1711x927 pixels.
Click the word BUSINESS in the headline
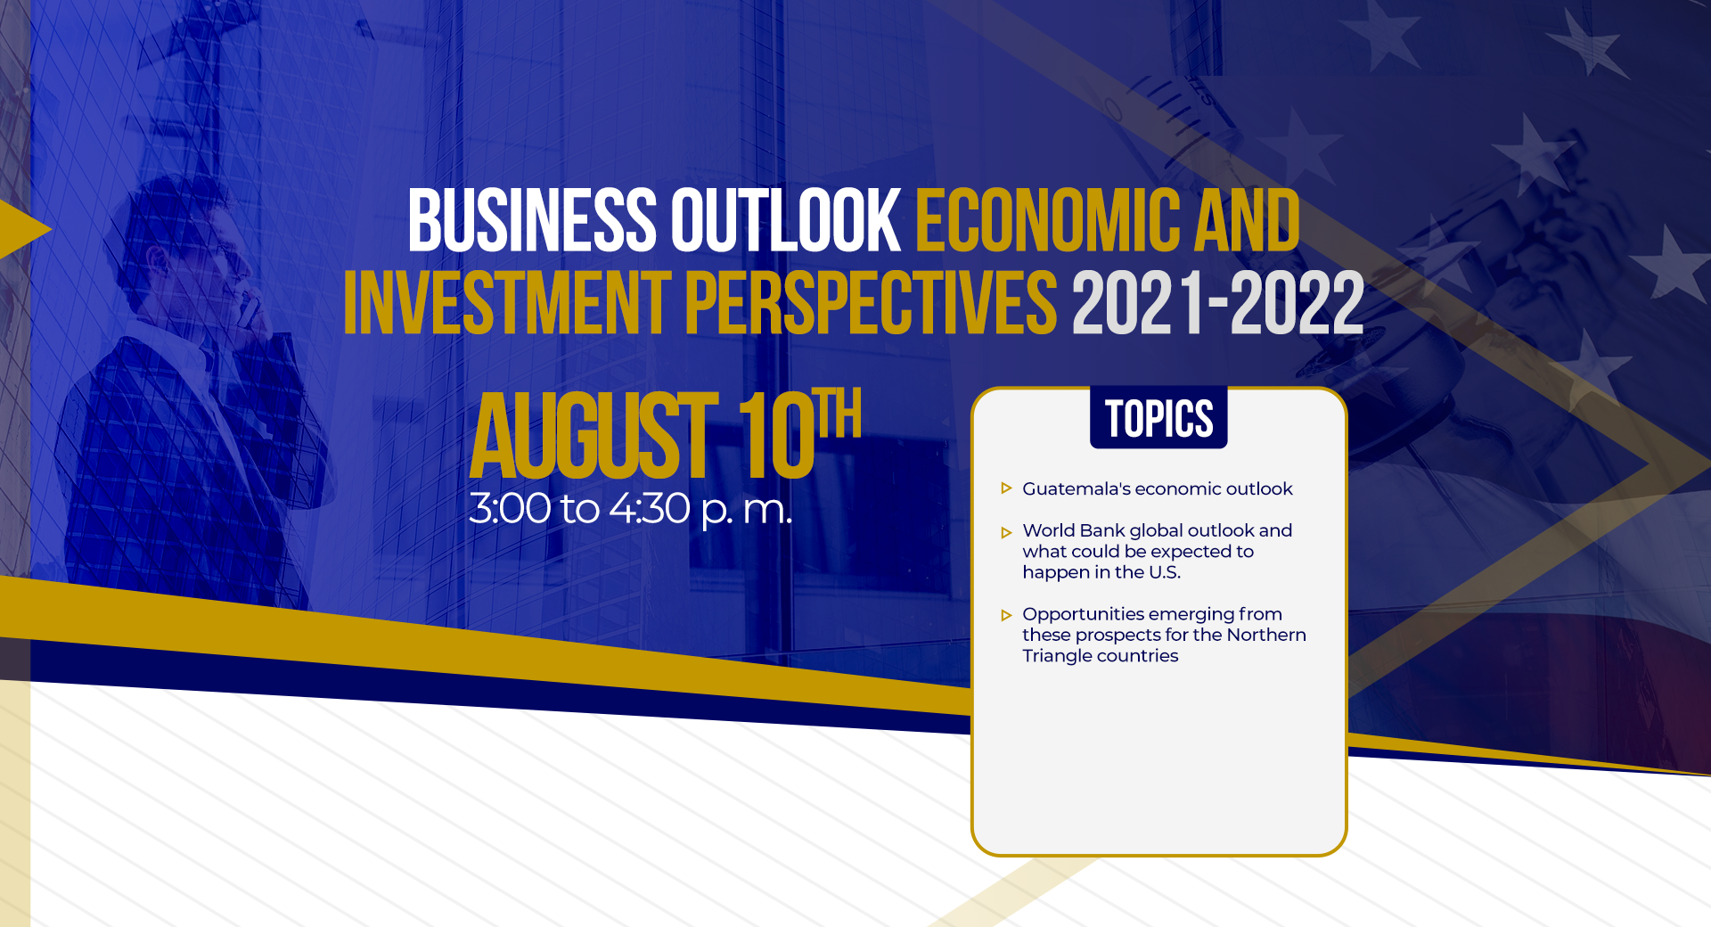click(532, 219)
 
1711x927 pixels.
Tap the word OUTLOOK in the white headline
click(786, 219)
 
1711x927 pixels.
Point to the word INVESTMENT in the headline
click(507, 303)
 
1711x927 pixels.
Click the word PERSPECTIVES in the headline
click(872, 303)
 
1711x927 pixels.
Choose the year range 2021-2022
click(1218, 303)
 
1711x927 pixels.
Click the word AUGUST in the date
click(594, 436)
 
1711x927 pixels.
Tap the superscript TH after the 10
click(840, 413)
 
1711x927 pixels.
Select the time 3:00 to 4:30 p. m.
click(630, 509)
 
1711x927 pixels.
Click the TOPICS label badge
click(1158, 417)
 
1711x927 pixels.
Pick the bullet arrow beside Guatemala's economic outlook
click(1006, 488)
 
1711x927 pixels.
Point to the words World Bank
click(1073, 530)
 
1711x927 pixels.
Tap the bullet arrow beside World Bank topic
click(1006, 533)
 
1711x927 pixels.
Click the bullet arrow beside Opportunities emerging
click(1006, 615)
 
